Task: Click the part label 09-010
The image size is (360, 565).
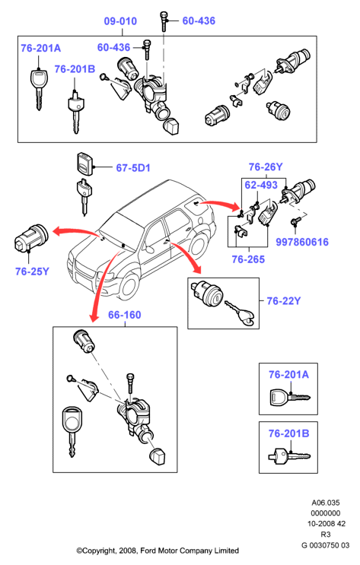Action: coord(120,21)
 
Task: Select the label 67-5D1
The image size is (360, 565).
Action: coord(133,168)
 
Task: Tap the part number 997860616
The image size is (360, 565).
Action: coord(302,242)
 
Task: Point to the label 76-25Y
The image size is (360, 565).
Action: coord(32,271)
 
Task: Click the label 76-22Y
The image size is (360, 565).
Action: coord(284,301)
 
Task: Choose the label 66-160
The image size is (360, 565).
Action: coord(125,315)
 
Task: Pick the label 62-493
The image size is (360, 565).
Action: coord(261,186)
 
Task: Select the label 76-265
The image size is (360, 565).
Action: coord(248,259)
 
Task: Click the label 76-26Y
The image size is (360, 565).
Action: coord(266,167)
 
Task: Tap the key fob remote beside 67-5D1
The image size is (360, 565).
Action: coord(84,163)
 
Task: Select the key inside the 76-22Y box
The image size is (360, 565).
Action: coord(241,313)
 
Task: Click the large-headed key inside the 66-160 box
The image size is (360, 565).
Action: coord(72,432)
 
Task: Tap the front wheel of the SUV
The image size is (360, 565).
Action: coord(129,285)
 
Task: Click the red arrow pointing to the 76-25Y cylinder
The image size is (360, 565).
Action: coord(75,232)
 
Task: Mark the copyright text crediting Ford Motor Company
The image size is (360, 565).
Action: coord(158,551)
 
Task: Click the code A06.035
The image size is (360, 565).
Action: coord(326,503)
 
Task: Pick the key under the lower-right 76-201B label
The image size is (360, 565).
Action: coord(289,455)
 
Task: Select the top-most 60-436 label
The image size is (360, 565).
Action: coord(199,21)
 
